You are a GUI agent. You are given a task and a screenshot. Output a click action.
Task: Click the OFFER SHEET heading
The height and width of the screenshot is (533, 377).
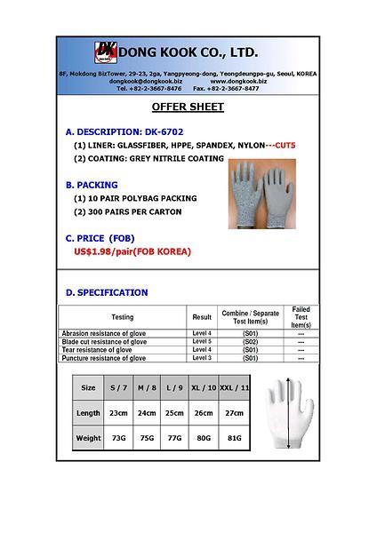click(188, 107)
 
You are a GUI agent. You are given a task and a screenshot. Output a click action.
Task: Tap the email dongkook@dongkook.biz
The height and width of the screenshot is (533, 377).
click(145, 81)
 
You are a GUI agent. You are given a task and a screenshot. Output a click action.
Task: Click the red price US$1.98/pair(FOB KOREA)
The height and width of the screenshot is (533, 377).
click(132, 251)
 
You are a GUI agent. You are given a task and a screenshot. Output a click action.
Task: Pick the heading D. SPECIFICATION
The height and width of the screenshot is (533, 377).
click(107, 292)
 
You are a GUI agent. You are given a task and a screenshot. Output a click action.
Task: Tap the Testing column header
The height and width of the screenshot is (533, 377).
click(122, 317)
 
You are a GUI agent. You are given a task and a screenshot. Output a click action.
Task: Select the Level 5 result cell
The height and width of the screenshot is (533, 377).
click(202, 341)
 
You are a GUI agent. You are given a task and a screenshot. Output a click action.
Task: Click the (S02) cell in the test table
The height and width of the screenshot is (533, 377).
click(250, 341)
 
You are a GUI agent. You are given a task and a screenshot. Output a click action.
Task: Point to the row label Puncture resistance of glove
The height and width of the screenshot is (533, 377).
click(103, 358)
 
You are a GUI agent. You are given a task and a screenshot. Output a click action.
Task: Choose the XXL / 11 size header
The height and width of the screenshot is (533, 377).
click(234, 387)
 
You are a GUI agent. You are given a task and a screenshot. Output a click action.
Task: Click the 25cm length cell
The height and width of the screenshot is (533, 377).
click(174, 413)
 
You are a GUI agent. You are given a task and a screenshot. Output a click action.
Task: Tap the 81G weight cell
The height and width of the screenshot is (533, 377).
click(234, 438)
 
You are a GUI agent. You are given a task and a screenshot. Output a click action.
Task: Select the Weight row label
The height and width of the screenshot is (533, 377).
click(88, 438)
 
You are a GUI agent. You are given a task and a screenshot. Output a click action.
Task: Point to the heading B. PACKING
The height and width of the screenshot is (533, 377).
click(92, 185)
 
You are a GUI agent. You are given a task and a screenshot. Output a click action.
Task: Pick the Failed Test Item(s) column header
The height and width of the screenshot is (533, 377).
click(301, 317)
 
